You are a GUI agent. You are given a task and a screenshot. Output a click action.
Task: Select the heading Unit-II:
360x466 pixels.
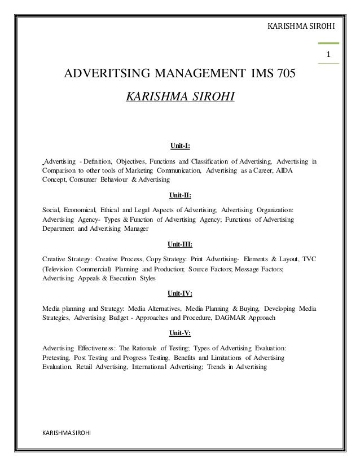click(180, 196)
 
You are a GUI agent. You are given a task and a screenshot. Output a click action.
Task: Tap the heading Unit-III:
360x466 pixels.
click(180, 244)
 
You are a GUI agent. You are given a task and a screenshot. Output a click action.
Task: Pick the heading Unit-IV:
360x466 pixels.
click(180, 294)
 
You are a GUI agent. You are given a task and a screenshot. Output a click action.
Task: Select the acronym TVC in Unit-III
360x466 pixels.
click(309, 259)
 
